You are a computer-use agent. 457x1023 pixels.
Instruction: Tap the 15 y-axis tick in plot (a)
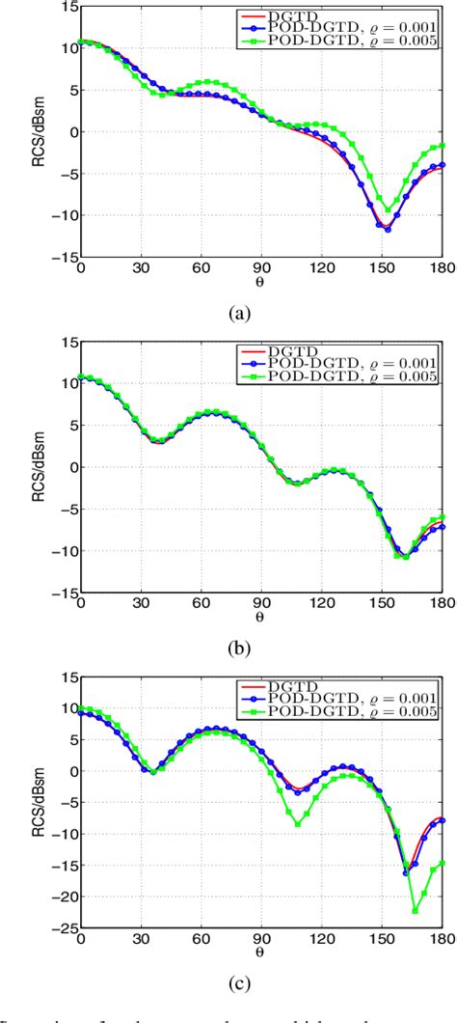pyautogui.click(x=67, y=5)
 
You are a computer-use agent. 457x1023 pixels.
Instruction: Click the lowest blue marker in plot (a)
pyautogui.click(x=388, y=230)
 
